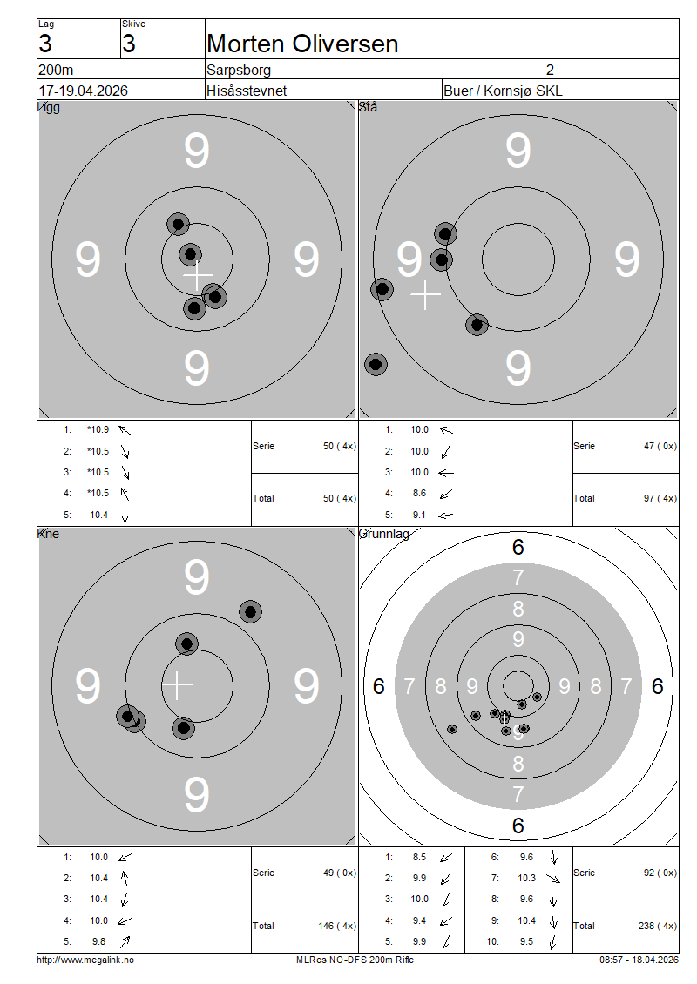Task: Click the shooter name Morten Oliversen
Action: (302, 44)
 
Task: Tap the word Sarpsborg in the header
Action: (239, 70)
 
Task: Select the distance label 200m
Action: (56, 70)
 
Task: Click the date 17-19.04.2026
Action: (83, 91)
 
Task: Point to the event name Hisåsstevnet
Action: (247, 91)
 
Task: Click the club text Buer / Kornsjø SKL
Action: (503, 91)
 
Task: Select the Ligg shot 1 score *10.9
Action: (98, 430)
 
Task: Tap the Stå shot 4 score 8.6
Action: (419, 493)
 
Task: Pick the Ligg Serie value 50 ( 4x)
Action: (340, 446)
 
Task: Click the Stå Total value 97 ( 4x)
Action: (660, 498)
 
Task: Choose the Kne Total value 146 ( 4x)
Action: (337, 926)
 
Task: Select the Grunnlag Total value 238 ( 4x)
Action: (658, 926)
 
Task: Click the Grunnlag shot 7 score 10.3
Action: (526, 878)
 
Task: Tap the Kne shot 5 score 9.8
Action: (98, 941)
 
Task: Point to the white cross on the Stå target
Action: (426, 294)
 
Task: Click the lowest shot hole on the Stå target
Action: (376, 364)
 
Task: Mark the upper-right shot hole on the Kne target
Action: (251, 612)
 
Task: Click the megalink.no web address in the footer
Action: (85, 960)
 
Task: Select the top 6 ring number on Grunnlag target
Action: (518, 547)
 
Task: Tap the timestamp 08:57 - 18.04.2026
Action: (639, 960)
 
